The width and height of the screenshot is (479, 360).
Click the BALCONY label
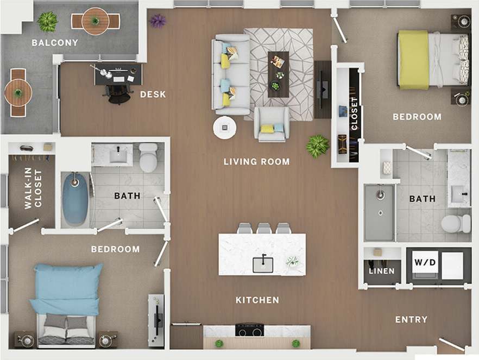[54, 42]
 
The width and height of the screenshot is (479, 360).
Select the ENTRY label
[411, 319]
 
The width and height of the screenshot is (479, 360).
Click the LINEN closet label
[381, 271]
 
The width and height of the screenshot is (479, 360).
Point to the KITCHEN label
[257, 300]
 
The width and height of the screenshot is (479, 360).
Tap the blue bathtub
[75, 199]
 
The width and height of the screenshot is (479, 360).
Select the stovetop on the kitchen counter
[249, 330]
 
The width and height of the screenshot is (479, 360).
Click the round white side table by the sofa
[224, 128]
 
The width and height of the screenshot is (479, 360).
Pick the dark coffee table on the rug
[278, 73]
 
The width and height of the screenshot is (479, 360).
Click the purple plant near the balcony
[158, 21]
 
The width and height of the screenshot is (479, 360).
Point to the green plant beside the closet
[317, 146]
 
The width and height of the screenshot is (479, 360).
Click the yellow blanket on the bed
[414, 59]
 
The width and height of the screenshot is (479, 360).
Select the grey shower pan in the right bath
[379, 212]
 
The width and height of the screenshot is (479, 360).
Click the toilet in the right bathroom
[455, 223]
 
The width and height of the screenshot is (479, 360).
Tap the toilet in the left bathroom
[148, 157]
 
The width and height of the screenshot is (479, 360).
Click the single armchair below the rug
[272, 124]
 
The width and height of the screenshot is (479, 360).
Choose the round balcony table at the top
[96, 21]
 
